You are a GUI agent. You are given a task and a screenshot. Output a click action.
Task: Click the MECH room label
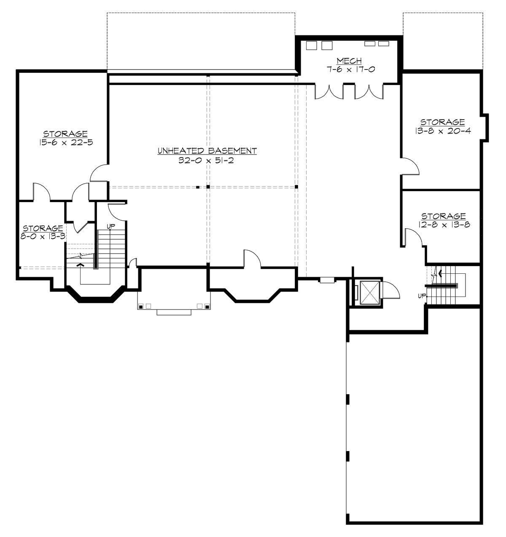click(349, 61)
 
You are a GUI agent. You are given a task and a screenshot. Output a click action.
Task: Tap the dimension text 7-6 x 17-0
click(350, 69)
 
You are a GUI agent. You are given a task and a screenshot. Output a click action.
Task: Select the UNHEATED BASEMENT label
click(207, 151)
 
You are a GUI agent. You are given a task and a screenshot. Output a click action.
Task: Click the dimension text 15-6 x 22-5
click(65, 142)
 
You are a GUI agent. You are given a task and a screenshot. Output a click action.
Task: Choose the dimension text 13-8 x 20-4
click(442, 131)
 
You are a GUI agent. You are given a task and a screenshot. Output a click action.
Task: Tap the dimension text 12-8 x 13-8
click(443, 225)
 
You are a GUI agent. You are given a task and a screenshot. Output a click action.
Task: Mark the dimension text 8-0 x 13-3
click(43, 236)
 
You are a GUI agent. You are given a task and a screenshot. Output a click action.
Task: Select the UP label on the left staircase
click(111, 227)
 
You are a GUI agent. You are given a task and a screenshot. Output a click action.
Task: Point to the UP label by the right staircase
click(422, 296)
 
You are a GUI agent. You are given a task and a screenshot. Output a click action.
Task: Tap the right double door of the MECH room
click(369, 92)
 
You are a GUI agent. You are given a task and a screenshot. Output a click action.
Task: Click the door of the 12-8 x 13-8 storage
click(413, 237)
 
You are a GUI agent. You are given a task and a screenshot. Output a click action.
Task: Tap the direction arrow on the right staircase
click(441, 273)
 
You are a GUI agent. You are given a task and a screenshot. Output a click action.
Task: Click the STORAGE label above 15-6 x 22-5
click(65, 134)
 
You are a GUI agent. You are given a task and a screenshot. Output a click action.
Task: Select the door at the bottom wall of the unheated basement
click(252, 259)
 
